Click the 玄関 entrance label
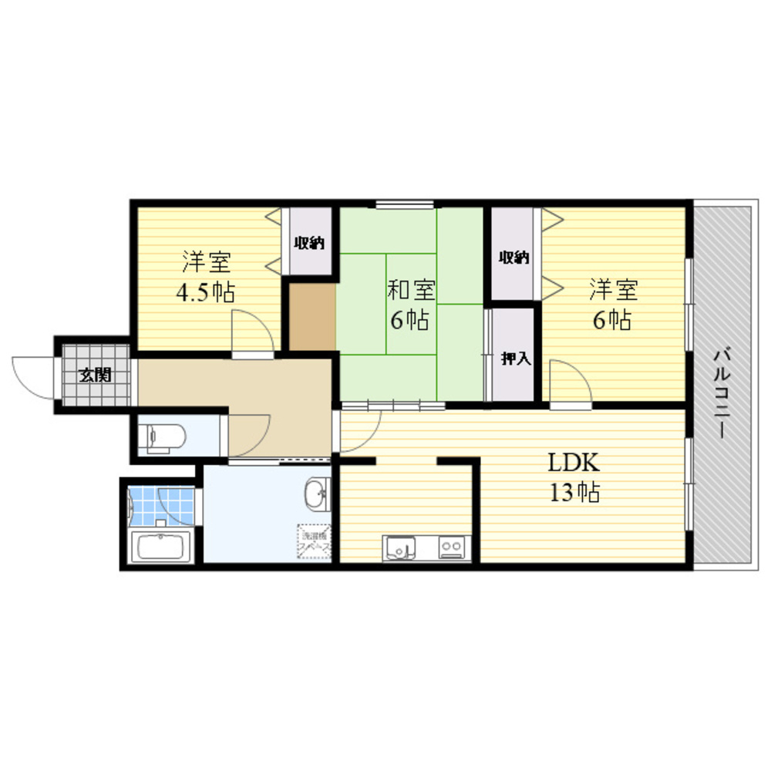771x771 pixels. tap(96, 375)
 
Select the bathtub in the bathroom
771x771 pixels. tap(162, 547)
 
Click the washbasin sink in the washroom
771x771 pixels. tap(317, 494)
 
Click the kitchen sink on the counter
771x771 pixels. tap(399, 547)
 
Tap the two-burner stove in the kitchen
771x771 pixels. tap(450, 547)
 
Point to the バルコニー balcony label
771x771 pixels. tap(722, 393)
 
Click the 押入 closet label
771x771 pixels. tap(514, 359)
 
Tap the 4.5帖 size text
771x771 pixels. tap(205, 293)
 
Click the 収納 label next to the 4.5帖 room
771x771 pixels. tap(308, 243)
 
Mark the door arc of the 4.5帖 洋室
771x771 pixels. tap(253, 330)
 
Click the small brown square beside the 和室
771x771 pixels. tap(311, 317)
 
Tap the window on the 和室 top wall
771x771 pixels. tap(406, 204)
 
